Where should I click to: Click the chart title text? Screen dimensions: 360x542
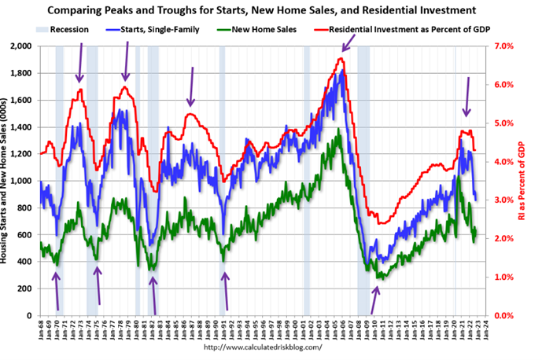(270, 10)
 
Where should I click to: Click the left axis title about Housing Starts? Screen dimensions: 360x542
(7, 181)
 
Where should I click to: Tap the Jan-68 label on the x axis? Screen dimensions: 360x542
(39, 329)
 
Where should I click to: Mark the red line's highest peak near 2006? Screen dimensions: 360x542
(341, 59)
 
